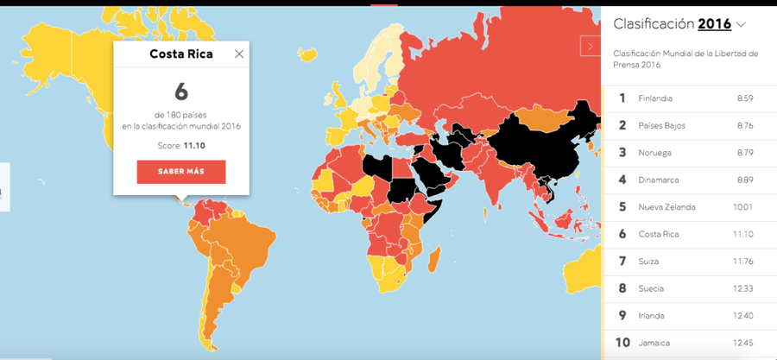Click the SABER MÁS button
point(181,172)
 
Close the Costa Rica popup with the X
point(239,54)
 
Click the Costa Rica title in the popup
point(181,54)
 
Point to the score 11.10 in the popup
point(194,145)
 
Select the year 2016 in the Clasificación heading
point(714,24)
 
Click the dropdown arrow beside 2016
point(741,24)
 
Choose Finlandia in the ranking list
point(655,98)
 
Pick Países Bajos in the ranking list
point(661,125)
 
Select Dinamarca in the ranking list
point(659,180)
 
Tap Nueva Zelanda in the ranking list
point(666,207)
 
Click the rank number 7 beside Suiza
point(622,261)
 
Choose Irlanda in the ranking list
point(652,315)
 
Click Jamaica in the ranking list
point(654,343)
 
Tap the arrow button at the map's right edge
point(591,47)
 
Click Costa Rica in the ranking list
point(658,234)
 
